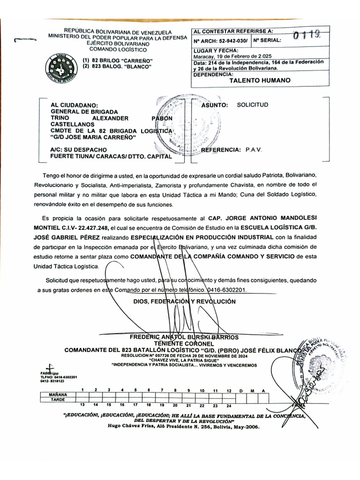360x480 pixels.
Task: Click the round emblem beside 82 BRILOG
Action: (x=60, y=69)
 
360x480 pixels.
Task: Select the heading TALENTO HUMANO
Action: (x=260, y=80)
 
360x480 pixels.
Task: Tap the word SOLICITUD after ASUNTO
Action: (x=252, y=105)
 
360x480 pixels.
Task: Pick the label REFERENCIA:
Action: (x=220, y=150)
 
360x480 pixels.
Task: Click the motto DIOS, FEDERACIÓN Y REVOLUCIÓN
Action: (x=184, y=301)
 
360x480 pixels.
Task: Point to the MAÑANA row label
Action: (x=58, y=395)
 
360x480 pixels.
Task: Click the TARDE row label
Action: (x=58, y=400)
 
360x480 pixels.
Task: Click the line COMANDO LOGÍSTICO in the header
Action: (x=118, y=49)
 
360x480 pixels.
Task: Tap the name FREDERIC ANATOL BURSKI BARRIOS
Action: (x=184, y=337)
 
